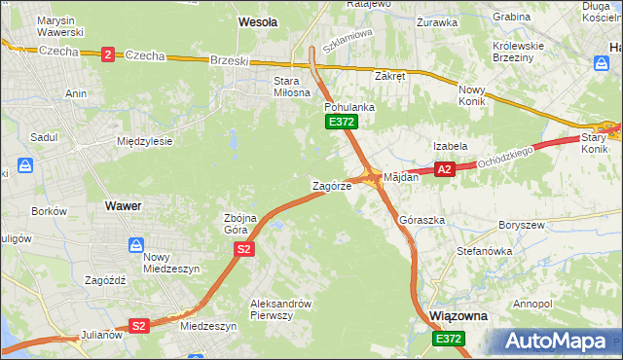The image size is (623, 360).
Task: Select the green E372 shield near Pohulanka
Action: point(342,122)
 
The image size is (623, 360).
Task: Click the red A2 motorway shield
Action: point(444,169)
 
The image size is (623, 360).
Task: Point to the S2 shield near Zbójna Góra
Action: point(243,250)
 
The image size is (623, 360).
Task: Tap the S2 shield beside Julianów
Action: point(139,326)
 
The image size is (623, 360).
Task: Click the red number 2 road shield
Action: point(106,55)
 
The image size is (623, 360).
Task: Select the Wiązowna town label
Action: point(458,317)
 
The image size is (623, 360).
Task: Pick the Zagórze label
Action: point(331,186)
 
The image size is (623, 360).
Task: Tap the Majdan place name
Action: point(401,178)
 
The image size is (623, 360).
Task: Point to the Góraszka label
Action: point(422,221)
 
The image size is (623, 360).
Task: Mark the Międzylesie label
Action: point(144,141)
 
